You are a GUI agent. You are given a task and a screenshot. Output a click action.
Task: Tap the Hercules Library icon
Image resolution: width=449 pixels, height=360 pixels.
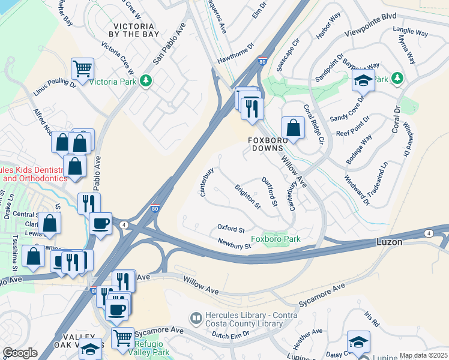195,317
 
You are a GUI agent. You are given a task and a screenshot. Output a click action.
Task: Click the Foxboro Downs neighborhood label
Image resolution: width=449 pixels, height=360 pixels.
269,144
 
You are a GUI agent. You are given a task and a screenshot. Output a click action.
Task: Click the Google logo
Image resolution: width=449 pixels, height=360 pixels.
20,353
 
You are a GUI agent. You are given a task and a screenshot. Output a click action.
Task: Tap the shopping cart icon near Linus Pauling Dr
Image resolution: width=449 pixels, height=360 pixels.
82,68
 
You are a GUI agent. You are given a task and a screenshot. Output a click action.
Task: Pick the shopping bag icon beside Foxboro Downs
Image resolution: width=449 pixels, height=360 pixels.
292,128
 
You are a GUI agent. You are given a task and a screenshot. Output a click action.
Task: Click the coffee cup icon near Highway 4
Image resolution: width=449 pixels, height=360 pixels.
100,223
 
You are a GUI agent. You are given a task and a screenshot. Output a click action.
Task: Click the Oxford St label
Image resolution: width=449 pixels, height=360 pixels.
231,230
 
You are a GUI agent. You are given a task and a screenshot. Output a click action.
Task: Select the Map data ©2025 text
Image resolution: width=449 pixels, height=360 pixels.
423,355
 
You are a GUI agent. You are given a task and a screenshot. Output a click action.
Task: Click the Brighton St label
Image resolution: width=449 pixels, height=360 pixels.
248,197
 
